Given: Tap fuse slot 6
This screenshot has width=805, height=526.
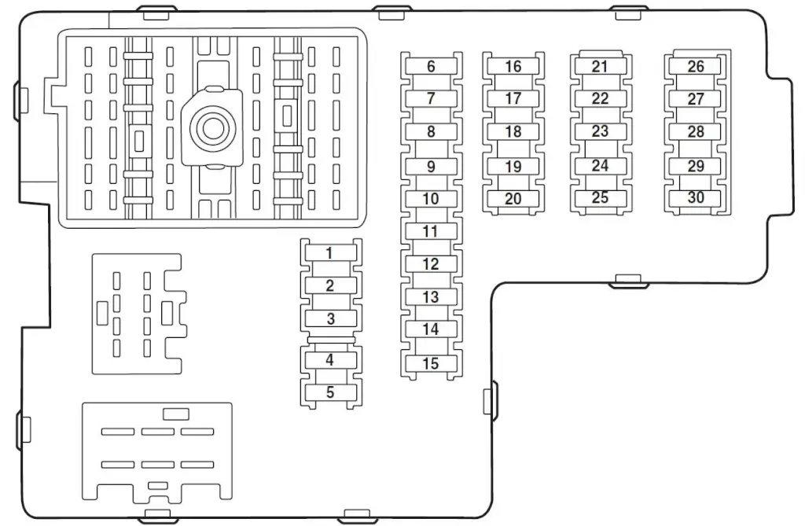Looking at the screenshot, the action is (x=432, y=66).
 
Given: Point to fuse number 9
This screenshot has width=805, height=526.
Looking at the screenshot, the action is (x=432, y=167).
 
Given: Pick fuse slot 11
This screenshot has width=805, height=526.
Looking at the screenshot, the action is (x=432, y=231).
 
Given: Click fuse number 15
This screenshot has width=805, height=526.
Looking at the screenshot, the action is (x=432, y=364).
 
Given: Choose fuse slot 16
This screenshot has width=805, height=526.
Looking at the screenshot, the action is (x=513, y=66).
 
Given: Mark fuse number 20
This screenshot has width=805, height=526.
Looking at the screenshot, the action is (x=513, y=199).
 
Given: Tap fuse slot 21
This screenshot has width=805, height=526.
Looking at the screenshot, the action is (x=600, y=66).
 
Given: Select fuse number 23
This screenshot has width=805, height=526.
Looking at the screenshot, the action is (x=600, y=131).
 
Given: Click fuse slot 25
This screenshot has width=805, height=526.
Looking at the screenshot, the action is (x=600, y=198).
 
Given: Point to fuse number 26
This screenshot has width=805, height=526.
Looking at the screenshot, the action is (x=695, y=66).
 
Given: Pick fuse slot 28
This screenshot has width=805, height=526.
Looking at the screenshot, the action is (x=695, y=131).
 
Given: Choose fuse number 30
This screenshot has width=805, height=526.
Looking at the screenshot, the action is (x=695, y=198).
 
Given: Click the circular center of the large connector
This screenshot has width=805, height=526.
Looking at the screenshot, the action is (x=212, y=128).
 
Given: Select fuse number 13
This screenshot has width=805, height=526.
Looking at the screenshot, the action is (x=432, y=297).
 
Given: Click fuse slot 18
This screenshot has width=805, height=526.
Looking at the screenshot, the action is (x=513, y=131).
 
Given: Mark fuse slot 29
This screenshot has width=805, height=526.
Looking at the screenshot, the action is (x=695, y=167).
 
